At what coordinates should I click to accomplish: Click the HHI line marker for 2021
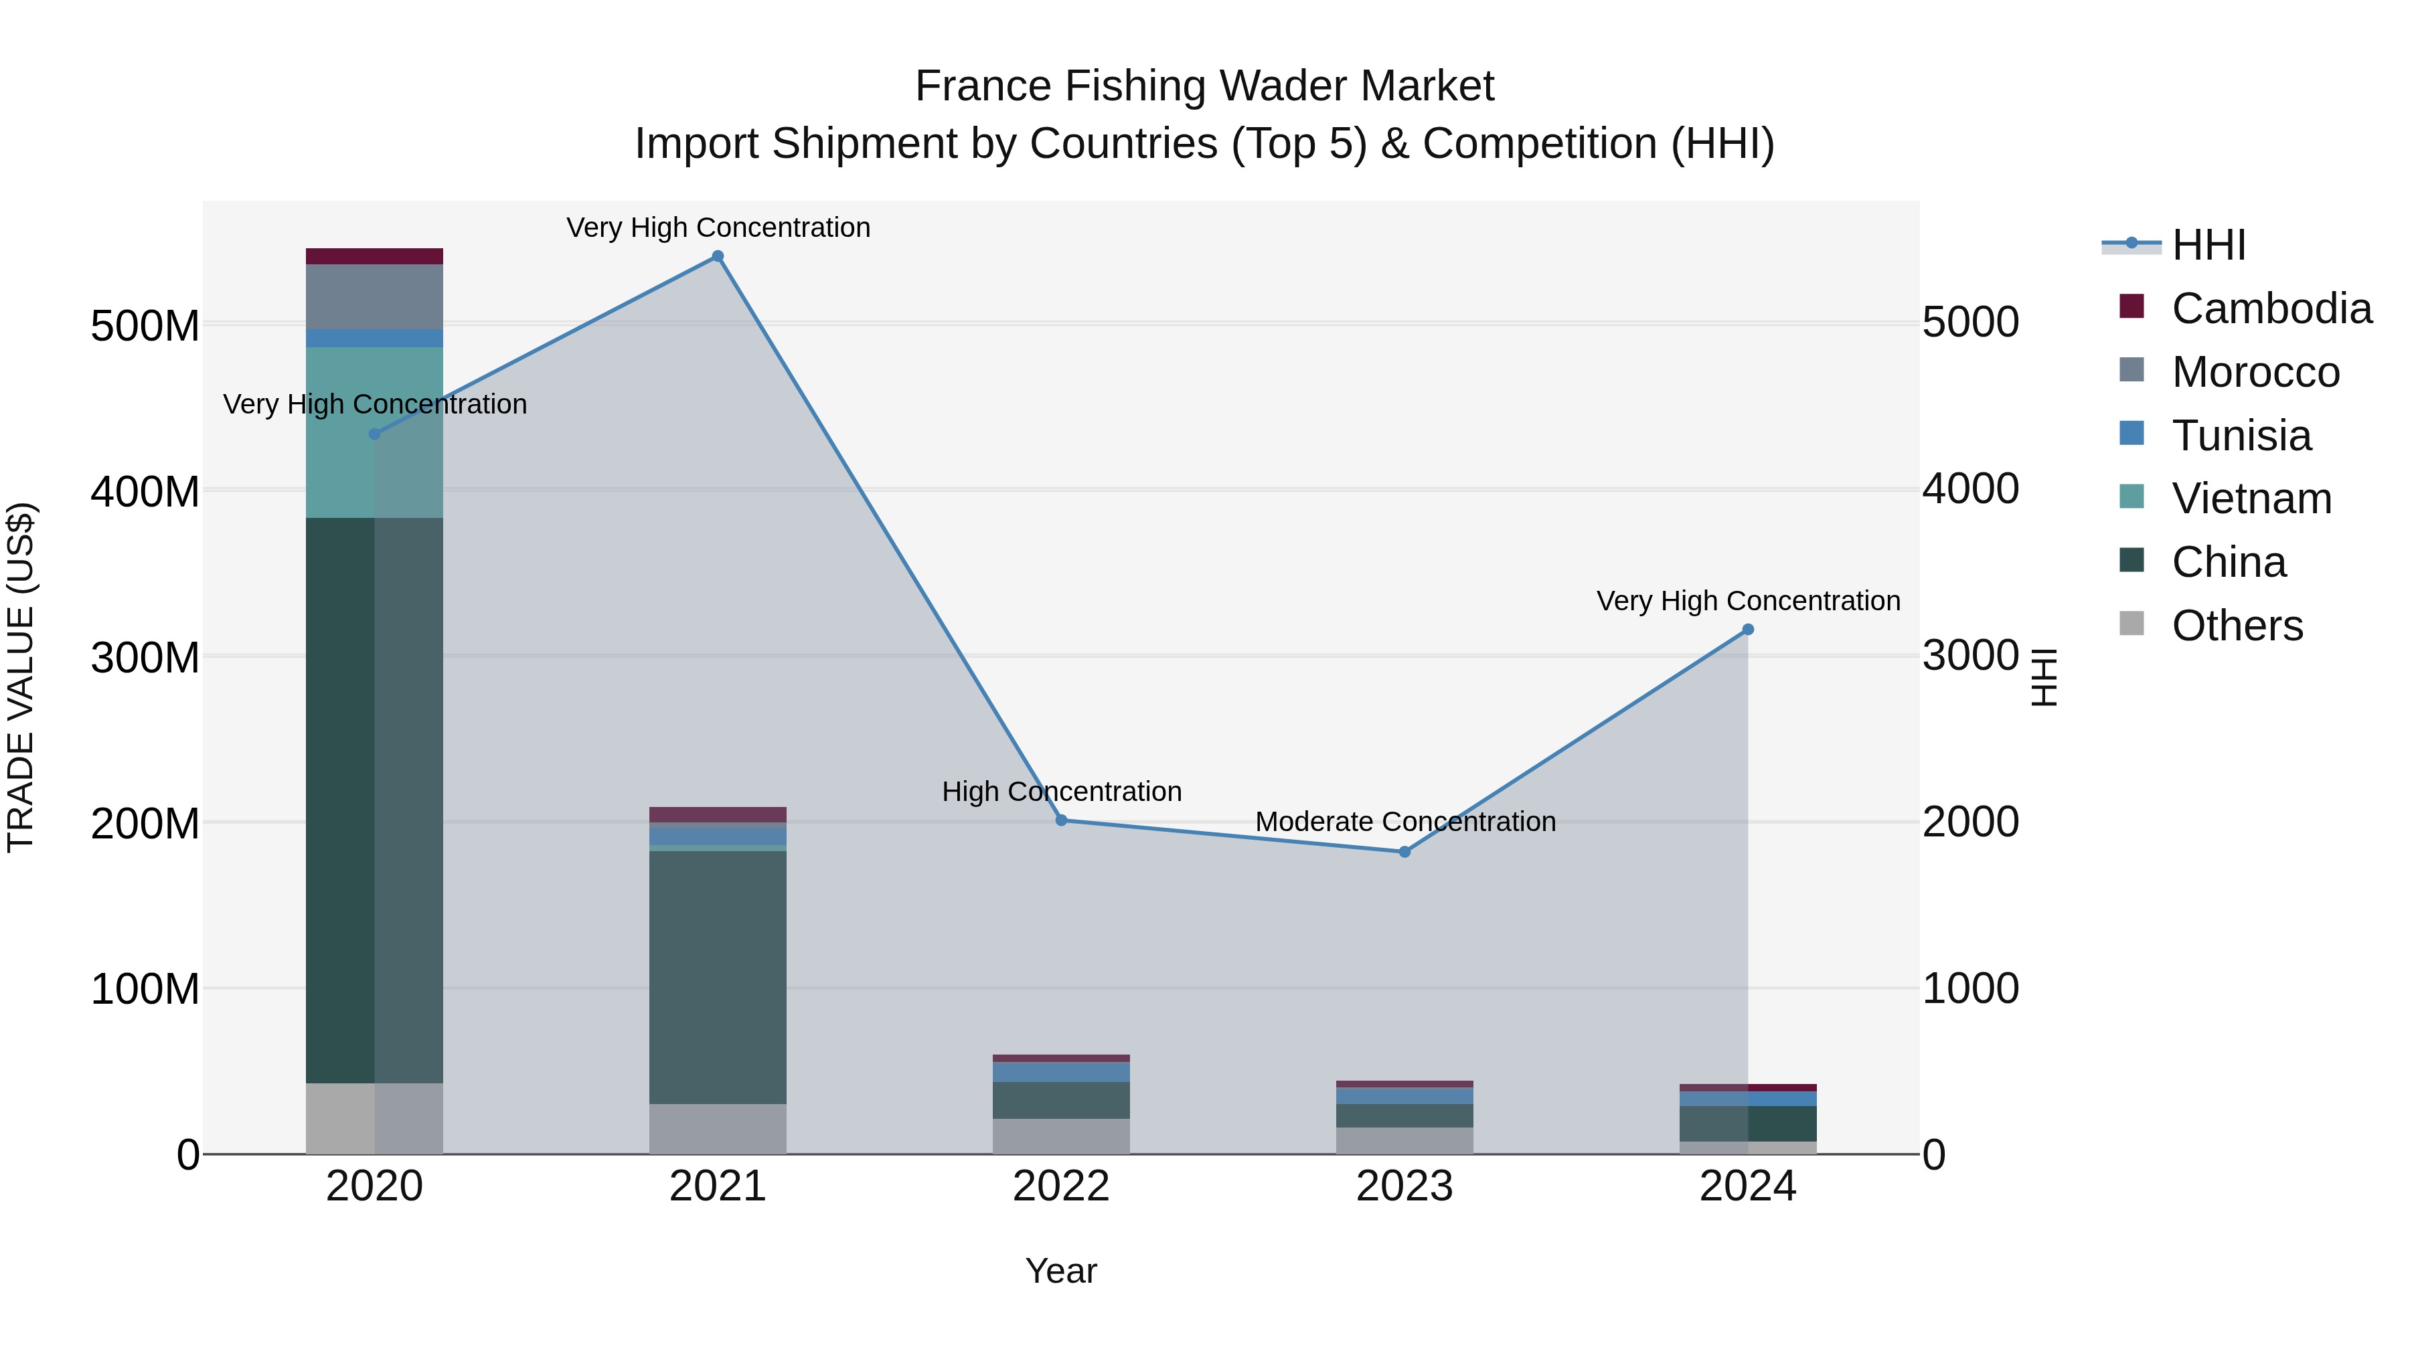coord(718,256)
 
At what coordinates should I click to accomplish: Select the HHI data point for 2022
coord(1061,820)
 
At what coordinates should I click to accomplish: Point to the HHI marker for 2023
coord(1404,852)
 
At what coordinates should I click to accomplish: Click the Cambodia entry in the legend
coord(2271,308)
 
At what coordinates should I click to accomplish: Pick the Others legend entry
coord(2237,626)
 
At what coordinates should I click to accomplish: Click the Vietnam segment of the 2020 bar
coord(374,432)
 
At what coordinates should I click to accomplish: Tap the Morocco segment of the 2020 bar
coord(374,296)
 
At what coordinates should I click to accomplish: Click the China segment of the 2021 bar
coord(718,977)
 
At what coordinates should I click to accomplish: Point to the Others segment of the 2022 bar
coord(1061,1136)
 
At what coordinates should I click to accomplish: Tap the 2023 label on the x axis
coord(1404,1186)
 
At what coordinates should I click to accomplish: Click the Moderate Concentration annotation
coord(1405,822)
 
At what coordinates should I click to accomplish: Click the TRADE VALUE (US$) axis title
coord(21,677)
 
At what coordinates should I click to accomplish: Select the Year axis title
coord(1061,1271)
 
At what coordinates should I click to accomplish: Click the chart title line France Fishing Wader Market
coord(1204,86)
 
